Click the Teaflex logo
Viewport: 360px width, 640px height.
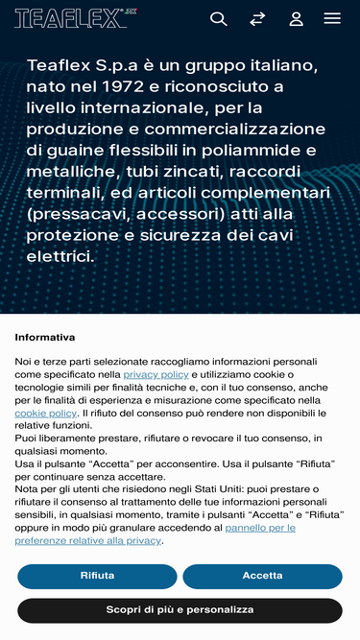point(70,18)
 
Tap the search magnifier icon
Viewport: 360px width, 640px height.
point(219,18)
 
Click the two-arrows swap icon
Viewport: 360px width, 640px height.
point(257,18)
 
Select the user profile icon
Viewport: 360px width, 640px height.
point(296,18)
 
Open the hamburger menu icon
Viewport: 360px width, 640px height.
point(332,18)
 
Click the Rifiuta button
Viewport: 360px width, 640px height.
point(97,576)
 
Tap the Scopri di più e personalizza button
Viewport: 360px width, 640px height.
point(180,610)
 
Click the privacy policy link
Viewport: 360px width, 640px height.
point(156,374)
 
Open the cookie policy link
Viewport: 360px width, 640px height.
point(45,413)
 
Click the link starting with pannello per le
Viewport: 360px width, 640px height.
point(260,528)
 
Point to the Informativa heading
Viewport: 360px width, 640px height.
point(45,338)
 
